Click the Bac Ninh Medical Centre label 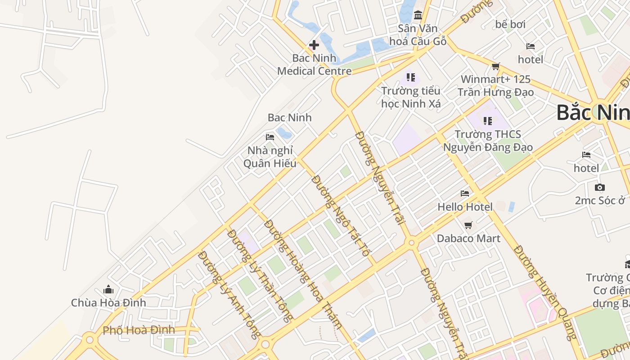coord(314,65)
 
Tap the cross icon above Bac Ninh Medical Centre coord(314,45)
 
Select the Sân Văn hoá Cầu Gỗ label coord(418,35)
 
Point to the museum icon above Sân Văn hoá coord(418,16)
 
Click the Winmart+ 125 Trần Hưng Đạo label coord(495,86)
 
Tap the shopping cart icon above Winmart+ coord(496,67)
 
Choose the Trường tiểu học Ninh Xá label coord(411,97)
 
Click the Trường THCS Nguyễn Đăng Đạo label coord(488,141)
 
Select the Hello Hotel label coord(465,207)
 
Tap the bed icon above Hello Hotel coord(465,193)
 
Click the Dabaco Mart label coord(468,238)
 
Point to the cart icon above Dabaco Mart coord(468,225)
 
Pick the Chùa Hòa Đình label coord(108,303)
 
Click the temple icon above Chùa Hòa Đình coord(108,289)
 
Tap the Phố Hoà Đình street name coord(139,330)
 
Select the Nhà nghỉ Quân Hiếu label coord(270,157)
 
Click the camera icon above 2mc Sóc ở coord(599,187)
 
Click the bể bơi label coord(510,24)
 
